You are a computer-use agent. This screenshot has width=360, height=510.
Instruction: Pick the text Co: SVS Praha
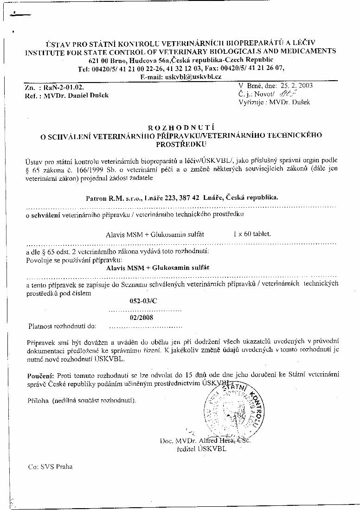click(50, 467)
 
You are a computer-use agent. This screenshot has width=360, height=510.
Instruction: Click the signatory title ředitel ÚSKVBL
click(201, 449)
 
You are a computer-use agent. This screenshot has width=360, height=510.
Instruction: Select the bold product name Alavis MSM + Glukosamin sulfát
click(158, 268)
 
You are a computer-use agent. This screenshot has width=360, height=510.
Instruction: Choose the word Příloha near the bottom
click(38, 400)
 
